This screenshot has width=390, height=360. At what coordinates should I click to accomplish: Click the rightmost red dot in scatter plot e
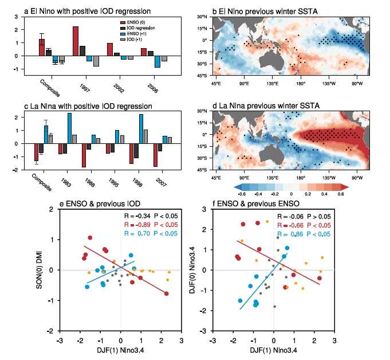pos(166,294)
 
